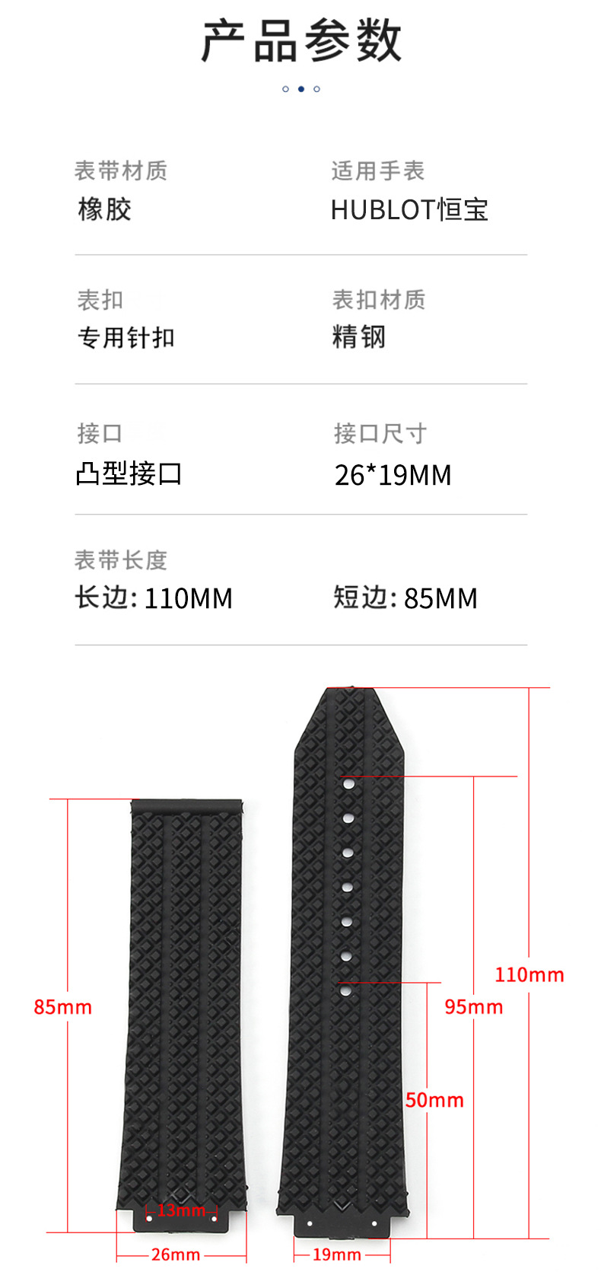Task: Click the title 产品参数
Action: pyautogui.click(x=300, y=40)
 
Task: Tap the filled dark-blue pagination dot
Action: pyautogui.click(x=300, y=89)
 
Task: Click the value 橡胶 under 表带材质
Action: pyautogui.click(x=104, y=209)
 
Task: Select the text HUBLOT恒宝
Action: pyautogui.click(x=409, y=209)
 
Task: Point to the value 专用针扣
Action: pyautogui.click(x=126, y=338)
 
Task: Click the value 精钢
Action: pyautogui.click(x=358, y=336)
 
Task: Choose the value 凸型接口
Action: pyautogui.click(x=129, y=473)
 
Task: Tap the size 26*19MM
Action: pyautogui.click(x=393, y=475)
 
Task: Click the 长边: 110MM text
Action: pyautogui.click(x=154, y=598)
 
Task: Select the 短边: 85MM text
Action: pyautogui.click(x=405, y=598)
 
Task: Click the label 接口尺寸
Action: pyautogui.click(x=380, y=434)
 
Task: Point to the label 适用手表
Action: pyautogui.click(x=378, y=171)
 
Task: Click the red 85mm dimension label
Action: pyautogui.click(x=62, y=1007)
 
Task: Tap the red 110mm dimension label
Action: pyautogui.click(x=529, y=974)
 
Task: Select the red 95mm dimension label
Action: pyautogui.click(x=474, y=1007)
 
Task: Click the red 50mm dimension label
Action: pyautogui.click(x=434, y=1100)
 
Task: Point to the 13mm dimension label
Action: pyautogui.click(x=181, y=1210)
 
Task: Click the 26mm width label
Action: pyautogui.click(x=176, y=1254)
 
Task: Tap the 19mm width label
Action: pyautogui.click(x=337, y=1254)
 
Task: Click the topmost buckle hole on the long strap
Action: pyautogui.click(x=348, y=783)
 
